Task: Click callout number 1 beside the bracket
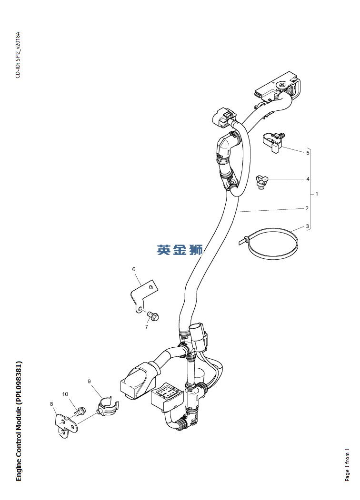coord(317,194)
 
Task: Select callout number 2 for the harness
coord(307,208)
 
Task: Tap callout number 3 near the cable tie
coord(308,226)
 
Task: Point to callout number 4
coord(308,179)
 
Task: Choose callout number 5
coord(308,153)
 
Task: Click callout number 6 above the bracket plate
coord(134,269)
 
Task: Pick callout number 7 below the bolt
coord(147,327)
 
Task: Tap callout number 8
coord(51,404)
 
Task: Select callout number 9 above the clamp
coord(89,381)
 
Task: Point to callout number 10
coord(65,394)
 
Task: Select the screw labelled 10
coord(81,409)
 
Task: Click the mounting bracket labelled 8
coord(64,425)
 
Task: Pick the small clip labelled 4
coord(262,181)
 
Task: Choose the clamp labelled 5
coord(273,142)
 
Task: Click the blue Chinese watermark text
coord(180,249)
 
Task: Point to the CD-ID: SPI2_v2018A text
coord(18,55)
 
